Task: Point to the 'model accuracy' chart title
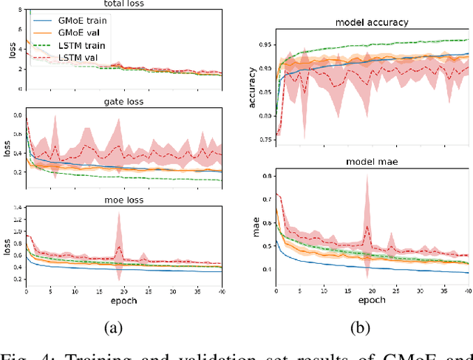[372, 22]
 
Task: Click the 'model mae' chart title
[372, 162]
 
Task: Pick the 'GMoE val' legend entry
[81, 33]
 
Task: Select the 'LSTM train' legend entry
[82, 46]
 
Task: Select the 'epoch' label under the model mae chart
[372, 301]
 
